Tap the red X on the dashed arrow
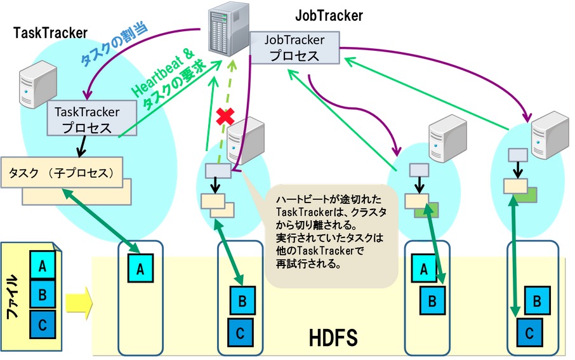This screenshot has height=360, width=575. pos(223,117)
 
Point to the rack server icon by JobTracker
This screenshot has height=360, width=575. pos(227,29)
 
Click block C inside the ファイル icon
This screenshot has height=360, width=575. pos(43,324)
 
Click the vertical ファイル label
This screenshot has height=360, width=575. pos(13,296)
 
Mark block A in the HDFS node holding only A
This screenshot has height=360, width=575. pos(141,269)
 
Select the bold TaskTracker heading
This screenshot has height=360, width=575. pos(51,32)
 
